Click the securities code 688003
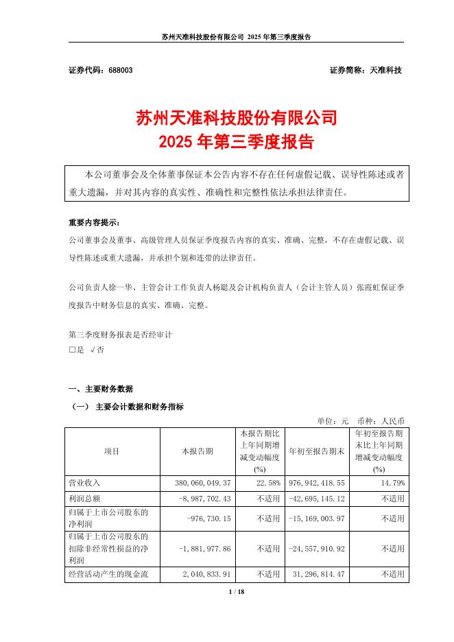pyautogui.click(x=112, y=71)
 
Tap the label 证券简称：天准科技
pyautogui.click(x=366, y=71)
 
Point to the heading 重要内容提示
pyautogui.click(x=93, y=224)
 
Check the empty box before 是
pyautogui.click(x=72, y=350)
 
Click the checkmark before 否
pyautogui.click(x=93, y=350)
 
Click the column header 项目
pyautogui.click(x=112, y=451)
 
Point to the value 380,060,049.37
pyautogui.click(x=200, y=483)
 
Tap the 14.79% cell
pyautogui.click(x=392, y=483)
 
